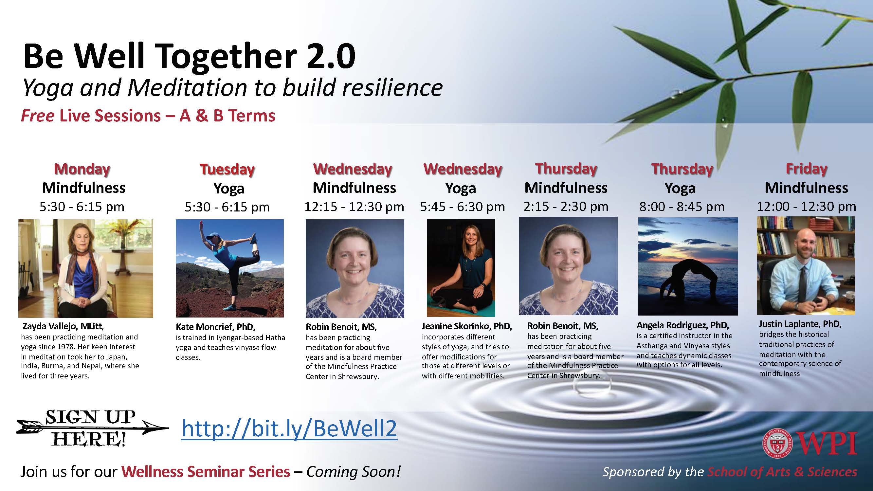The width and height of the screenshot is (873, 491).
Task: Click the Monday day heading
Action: pos(82,169)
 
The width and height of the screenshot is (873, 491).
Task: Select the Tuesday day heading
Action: pos(227,169)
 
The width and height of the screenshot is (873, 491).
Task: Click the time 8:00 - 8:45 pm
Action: pos(682,206)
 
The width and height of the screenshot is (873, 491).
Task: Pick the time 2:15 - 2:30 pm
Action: pos(566,206)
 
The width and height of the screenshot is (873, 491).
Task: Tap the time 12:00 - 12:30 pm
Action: pos(807,206)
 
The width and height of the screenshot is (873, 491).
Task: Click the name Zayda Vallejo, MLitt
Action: pos(63,326)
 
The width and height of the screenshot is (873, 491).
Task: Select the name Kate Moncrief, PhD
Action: pos(215,327)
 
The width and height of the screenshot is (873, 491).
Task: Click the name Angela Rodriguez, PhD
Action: pos(682,325)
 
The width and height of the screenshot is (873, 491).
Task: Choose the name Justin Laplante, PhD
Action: pos(800,324)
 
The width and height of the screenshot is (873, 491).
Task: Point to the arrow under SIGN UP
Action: pos(92,428)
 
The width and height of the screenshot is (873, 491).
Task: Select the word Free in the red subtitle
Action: pos(37,116)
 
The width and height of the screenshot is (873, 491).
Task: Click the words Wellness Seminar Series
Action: pos(206,472)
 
